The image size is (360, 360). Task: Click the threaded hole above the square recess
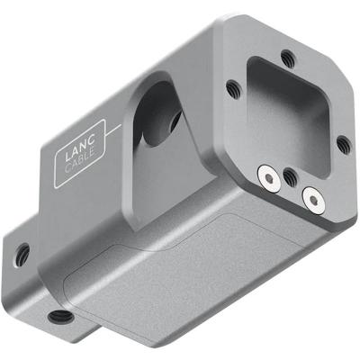[x=287, y=59]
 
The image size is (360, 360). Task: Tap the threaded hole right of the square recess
[x=341, y=142]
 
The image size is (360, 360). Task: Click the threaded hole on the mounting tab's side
[x=22, y=254]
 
